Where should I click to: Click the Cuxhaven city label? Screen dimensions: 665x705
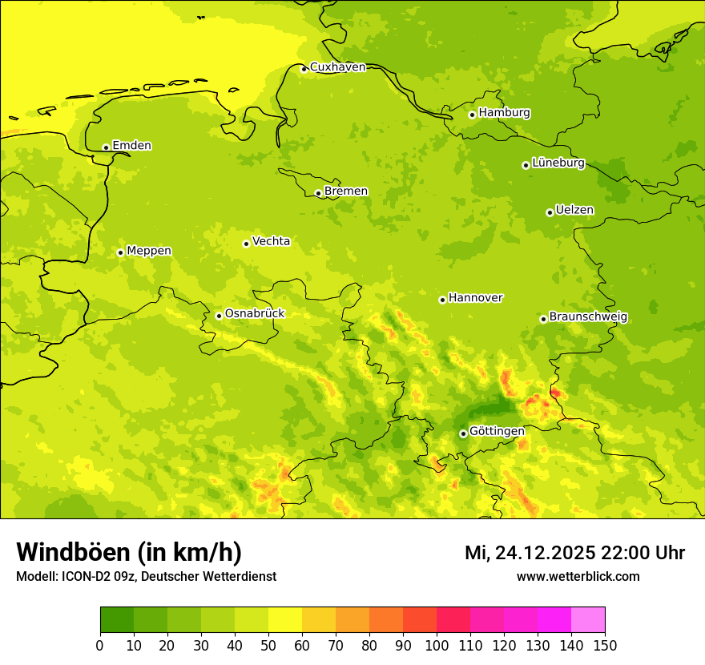click(337, 67)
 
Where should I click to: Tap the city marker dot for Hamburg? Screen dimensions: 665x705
click(473, 115)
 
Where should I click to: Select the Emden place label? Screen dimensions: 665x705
click(131, 146)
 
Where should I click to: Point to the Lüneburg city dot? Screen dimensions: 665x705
click(526, 165)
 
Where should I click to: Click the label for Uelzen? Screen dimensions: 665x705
click(574, 211)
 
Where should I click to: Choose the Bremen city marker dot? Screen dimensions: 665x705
click(318, 193)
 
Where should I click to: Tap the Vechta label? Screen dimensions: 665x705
click(271, 241)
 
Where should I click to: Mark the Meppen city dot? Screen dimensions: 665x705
click(120, 252)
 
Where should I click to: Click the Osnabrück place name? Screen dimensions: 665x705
click(255, 313)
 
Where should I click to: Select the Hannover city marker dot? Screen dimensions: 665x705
click(442, 300)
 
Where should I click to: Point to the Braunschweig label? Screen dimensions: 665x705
click(588, 317)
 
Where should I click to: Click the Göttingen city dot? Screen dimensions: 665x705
click(463, 433)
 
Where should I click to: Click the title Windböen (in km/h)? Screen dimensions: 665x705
click(129, 552)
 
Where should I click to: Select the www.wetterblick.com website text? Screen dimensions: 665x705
click(578, 577)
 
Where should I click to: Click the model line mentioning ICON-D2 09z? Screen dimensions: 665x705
click(146, 577)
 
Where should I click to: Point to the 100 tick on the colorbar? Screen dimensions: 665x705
click(437, 645)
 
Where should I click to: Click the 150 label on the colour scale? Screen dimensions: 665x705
click(605, 645)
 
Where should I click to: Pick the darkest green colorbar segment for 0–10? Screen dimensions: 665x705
click(117, 620)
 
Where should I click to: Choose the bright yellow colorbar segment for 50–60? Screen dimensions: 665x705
click(285, 620)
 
